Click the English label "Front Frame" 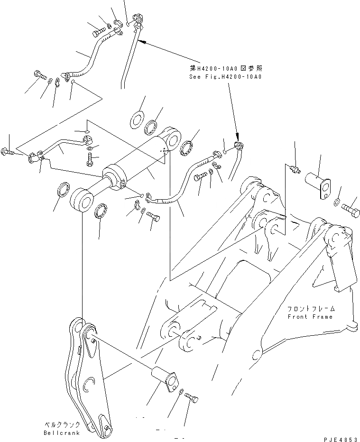[x=310, y=316]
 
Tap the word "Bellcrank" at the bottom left [x=60, y=433]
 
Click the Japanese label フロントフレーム [x=310, y=309]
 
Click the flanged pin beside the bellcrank [x=165, y=378]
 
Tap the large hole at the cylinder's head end [x=173, y=139]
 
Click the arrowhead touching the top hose [x=142, y=42]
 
